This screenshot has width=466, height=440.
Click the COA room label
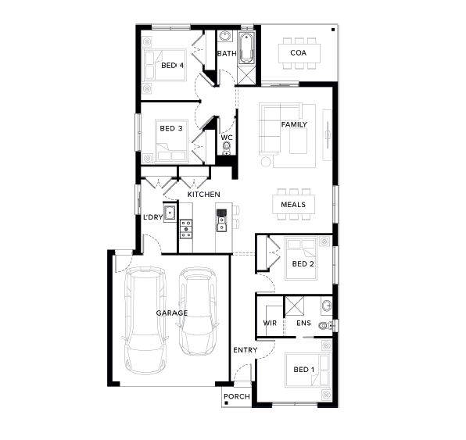click(x=298, y=53)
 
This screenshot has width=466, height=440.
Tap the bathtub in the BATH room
click(x=246, y=48)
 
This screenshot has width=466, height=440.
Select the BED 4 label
click(x=172, y=65)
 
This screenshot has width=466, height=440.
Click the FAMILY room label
click(x=294, y=124)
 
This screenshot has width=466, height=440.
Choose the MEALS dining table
click(x=293, y=205)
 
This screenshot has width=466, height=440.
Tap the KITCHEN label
click(x=203, y=195)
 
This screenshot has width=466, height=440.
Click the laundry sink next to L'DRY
click(x=170, y=212)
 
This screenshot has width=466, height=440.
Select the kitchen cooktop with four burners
click(x=186, y=229)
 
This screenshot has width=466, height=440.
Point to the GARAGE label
click(x=172, y=313)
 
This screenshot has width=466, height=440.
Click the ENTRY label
click(x=246, y=350)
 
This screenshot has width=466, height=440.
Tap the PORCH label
click(x=237, y=396)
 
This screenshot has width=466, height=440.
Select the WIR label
click(x=270, y=323)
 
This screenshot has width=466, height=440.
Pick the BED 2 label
click(x=303, y=264)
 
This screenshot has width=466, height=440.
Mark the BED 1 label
click(x=303, y=370)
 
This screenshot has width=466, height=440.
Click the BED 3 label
click(x=171, y=128)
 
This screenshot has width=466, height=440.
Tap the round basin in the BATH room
click(x=225, y=36)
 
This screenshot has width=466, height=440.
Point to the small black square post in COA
click(x=333, y=30)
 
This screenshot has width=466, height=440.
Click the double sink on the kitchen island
click(x=221, y=224)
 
